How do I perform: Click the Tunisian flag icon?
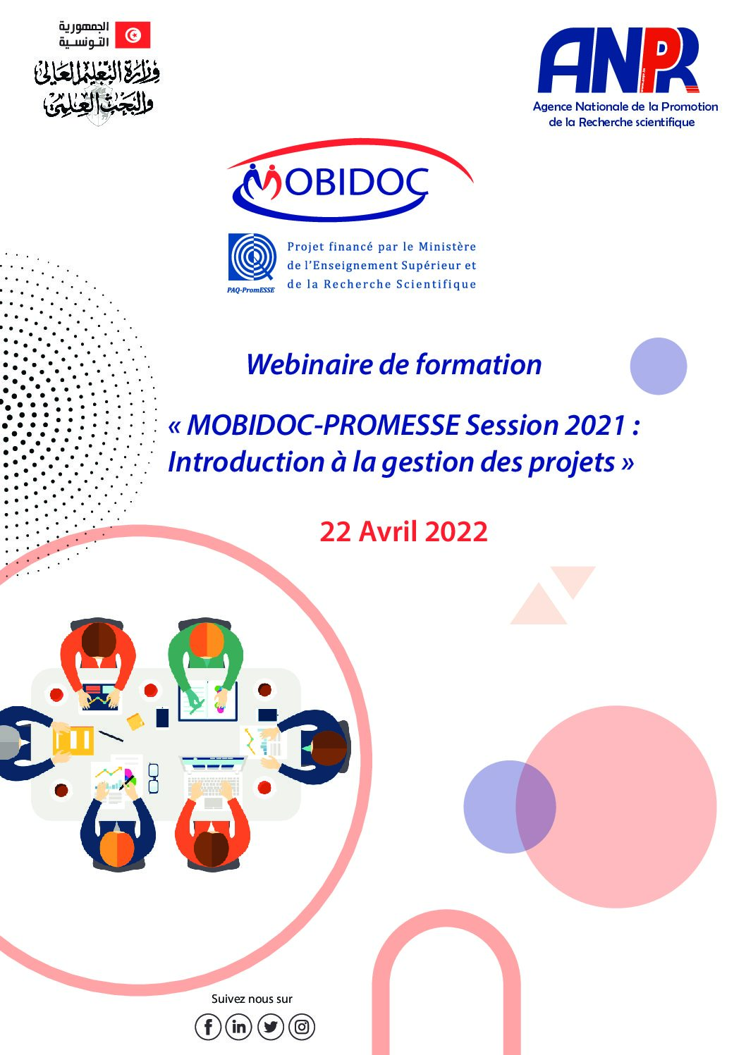pos(133,35)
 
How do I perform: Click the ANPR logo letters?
pos(618,60)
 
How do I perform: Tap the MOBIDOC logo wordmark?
pos(335,183)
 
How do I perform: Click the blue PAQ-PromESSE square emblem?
pos(252,257)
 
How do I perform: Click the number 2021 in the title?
pos(594,425)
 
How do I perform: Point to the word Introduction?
pos(246,462)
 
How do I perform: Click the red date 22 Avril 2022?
pos(403,531)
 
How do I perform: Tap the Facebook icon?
pos(208,1027)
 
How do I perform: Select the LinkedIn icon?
pos(239,1027)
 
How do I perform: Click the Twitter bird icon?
pos(271,1027)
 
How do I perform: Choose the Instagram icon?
pos(302,1027)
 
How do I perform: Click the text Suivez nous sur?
pos(252,999)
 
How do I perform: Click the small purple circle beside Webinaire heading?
pos(659,366)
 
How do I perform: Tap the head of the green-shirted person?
pos(207,640)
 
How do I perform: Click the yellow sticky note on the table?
pos(135,722)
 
